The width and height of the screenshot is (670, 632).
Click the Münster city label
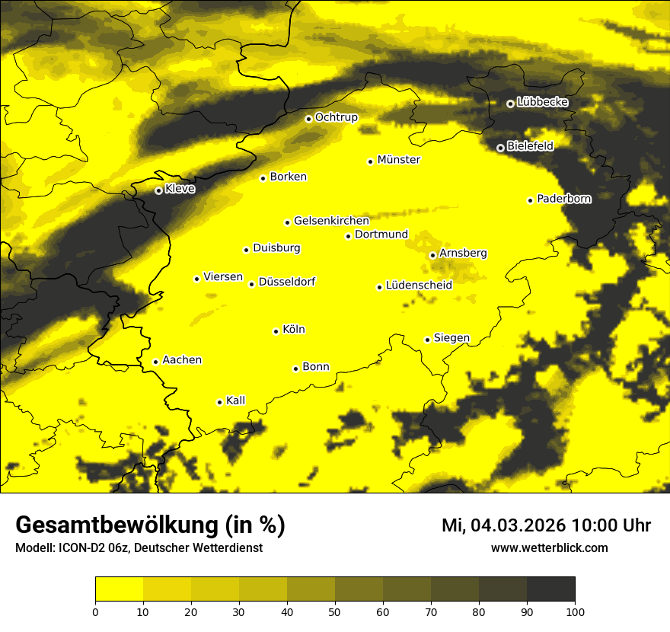point(398,160)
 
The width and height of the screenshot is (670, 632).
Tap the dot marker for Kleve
point(158,190)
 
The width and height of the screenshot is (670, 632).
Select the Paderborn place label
point(563,199)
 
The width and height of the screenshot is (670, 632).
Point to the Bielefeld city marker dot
point(500,148)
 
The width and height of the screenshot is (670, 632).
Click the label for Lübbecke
point(542,102)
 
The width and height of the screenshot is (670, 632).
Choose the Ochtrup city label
point(336,117)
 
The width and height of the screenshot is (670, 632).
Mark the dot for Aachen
point(155,362)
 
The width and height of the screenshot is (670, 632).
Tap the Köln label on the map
point(293,330)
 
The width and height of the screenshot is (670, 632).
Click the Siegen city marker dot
point(427,340)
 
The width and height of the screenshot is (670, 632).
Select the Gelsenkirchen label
point(331,221)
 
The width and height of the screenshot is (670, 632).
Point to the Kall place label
point(235,401)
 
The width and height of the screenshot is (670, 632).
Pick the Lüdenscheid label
point(419,286)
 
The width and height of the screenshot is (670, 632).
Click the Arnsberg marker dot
point(432,255)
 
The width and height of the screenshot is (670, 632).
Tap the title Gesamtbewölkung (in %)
point(150,525)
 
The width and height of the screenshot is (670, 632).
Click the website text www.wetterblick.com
point(549,547)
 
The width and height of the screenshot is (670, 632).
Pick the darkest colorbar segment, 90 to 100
point(550,589)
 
